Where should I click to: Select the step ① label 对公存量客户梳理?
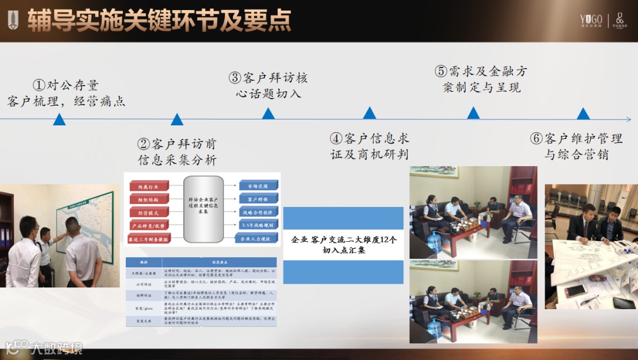point(66,93)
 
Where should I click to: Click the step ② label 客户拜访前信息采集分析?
point(177,151)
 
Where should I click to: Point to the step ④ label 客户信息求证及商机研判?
point(370,146)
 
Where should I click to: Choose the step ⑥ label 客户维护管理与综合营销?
point(576,147)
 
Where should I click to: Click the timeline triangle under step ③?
point(268,113)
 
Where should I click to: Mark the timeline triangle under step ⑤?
point(473,113)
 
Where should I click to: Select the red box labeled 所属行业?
point(149,186)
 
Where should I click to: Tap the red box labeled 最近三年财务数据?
point(149,239)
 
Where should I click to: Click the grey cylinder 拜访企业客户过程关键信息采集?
point(203,210)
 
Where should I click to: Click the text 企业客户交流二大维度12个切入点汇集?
point(344,245)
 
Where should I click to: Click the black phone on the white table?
point(623,303)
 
